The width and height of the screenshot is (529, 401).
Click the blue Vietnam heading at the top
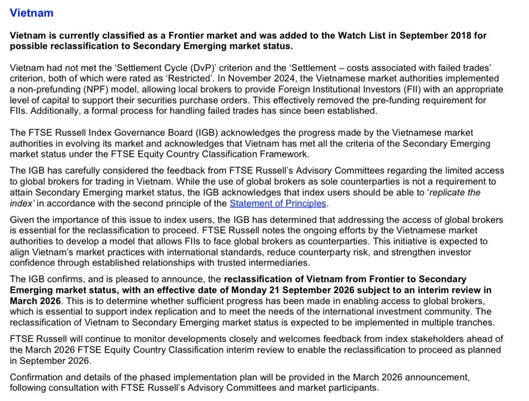(x=31, y=13)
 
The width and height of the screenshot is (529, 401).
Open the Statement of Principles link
(x=277, y=203)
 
